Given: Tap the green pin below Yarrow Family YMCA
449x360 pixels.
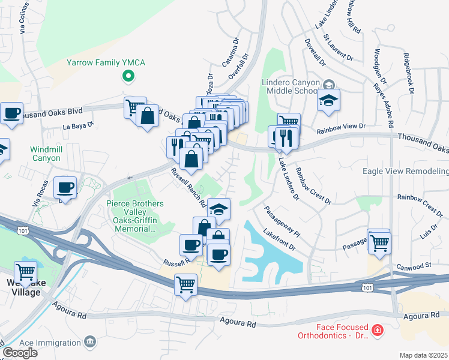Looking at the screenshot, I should point(127,76).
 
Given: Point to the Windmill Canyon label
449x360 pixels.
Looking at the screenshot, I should point(46,154).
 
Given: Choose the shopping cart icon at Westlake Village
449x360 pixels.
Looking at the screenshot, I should point(25,273).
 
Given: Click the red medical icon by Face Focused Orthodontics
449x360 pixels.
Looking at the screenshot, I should point(376,330).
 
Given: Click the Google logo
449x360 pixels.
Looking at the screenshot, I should point(20,353).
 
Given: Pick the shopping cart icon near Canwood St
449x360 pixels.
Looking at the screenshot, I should point(379,244).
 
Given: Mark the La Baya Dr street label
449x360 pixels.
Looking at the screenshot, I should point(79,126).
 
